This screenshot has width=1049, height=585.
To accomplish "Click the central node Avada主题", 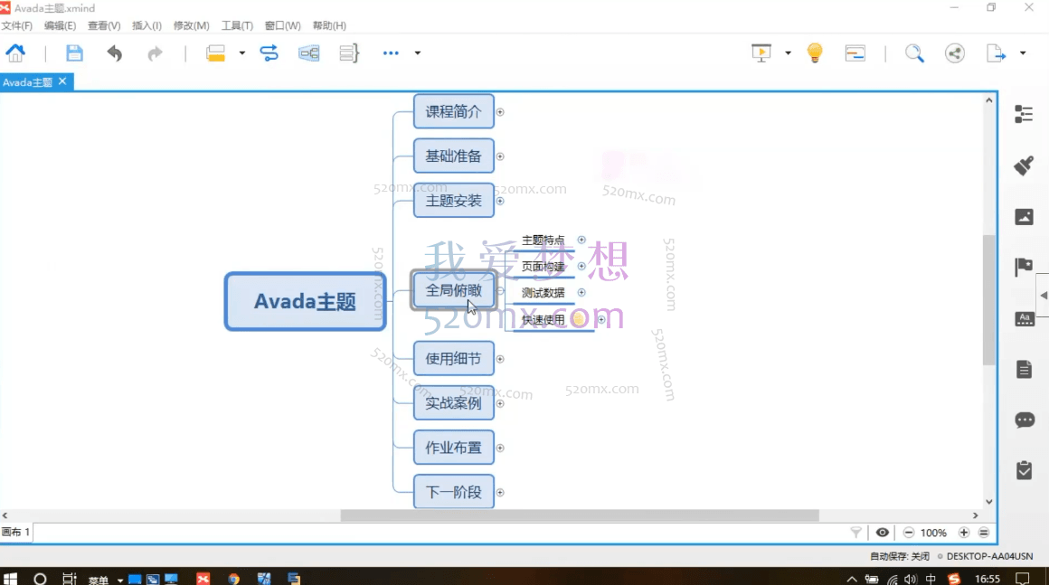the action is pyautogui.click(x=305, y=301).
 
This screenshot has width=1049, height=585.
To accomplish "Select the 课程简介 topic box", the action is pyautogui.click(x=453, y=112).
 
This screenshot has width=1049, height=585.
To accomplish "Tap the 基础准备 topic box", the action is pyautogui.click(x=453, y=156).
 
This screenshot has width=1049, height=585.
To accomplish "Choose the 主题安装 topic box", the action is pyautogui.click(x=453, y=201).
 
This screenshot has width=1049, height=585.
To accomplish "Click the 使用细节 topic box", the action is pyautogui.click(x=453, y=359).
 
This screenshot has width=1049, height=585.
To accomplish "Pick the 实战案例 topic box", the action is pyautogui.click(x=453, y=403).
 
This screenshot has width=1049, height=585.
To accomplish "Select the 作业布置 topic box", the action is pyautogui.click(x=453, y=448).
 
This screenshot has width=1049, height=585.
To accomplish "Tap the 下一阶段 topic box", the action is pyautogui.click(x=453, y=493).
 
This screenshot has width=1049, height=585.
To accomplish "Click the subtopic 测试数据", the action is pyautogui.click(x=543, y=293).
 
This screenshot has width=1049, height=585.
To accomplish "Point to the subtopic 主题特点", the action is pyautogui.click(x=543, y=241).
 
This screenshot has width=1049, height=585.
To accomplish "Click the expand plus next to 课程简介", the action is pyautogui.click(x=500, y=113).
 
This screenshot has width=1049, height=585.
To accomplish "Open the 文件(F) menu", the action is pyautogui.click(x=16, y=26).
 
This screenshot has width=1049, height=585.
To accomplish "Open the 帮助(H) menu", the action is pyautogui.click(x=329, y=26).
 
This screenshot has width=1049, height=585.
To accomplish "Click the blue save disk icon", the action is pyautogui.click(x=74, y=53).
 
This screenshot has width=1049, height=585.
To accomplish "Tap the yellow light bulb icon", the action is pyautogui.click(x=815, y=53).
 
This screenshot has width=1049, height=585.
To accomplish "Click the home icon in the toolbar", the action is pyautogui.click(x=15, y=53).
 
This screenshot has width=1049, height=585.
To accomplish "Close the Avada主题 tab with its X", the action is pyautogui.click(x=62, y=81).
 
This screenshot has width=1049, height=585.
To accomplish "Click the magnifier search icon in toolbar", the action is pyautogui.click(x=914, y=53).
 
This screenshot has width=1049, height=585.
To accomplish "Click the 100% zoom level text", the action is pyautogui.click(x=933, y=533).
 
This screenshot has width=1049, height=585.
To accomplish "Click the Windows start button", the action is pyautogui.click(x=11, y=578).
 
